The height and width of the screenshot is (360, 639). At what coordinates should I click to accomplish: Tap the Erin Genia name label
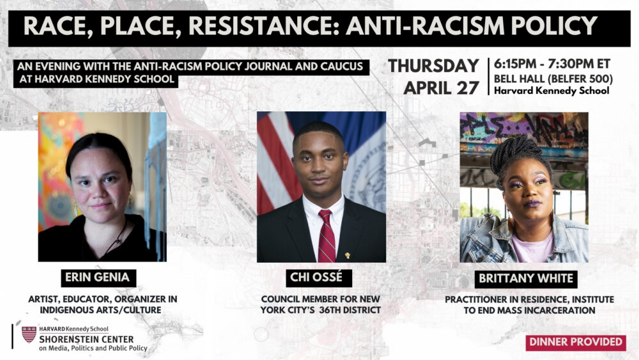(98, 278)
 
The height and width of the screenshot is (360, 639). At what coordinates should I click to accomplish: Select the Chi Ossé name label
(316, 278)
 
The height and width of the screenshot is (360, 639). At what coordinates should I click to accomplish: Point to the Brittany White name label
(526, 278)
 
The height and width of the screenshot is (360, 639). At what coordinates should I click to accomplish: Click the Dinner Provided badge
(576, 342)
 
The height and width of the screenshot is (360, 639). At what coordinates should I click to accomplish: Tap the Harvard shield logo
(29, 334)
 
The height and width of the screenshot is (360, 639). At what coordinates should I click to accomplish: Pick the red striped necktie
(326, 236)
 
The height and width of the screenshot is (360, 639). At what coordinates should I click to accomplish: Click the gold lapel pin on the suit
(347, 256)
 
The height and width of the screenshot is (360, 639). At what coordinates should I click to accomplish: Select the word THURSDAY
(433, 66)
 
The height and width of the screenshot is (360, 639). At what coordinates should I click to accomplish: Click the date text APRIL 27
(441, 88)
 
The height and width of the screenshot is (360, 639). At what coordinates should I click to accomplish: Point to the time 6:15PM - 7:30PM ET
(552, 64)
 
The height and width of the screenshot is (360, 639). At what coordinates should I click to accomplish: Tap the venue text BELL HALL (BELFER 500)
(553, 79)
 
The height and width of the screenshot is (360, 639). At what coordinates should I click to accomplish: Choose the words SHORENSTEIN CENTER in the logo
(86, 339)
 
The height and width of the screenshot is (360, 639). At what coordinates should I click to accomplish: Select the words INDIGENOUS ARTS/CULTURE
(101, 310)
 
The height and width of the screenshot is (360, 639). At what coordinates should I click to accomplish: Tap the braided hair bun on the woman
(514, 153)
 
